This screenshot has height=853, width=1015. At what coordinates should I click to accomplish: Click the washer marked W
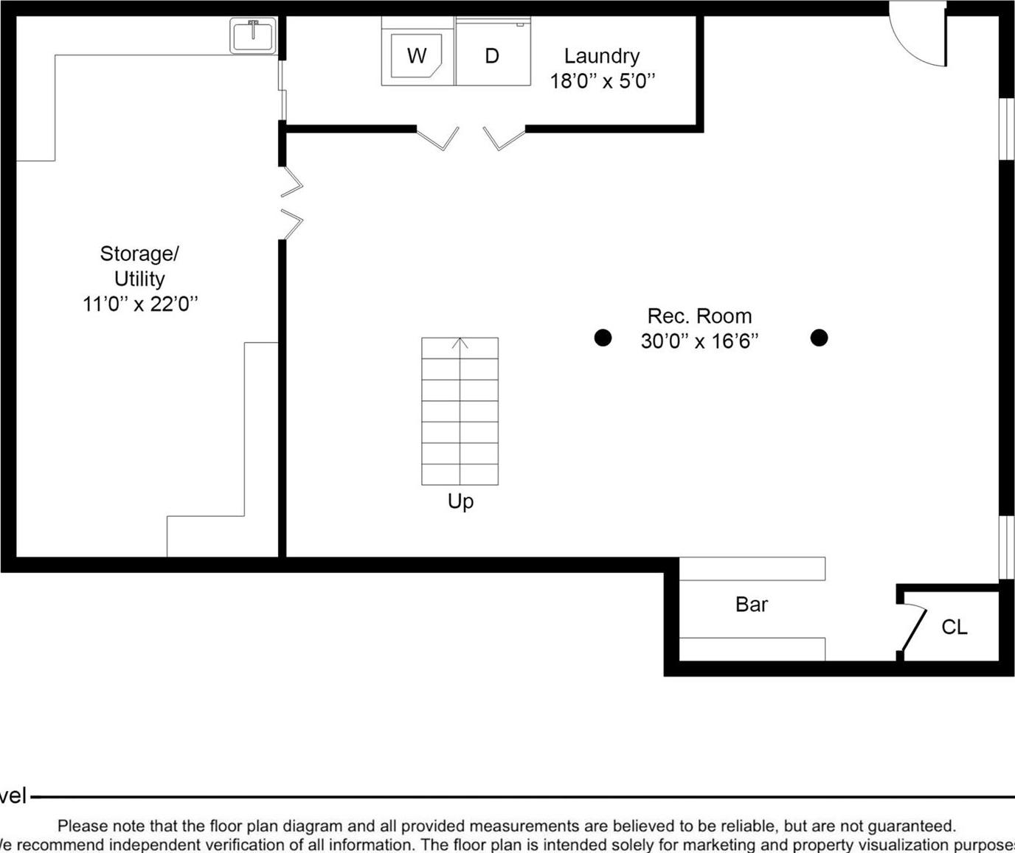coord(417,56)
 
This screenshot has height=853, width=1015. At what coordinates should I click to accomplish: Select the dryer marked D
coord(492,56)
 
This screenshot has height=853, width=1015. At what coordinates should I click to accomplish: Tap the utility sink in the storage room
coord(253,35)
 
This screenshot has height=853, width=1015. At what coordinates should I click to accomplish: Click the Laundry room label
coord(601,56)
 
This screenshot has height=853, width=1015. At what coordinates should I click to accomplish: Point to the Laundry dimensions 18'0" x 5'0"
coord(602,81)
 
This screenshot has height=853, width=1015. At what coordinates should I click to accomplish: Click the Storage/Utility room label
coord(139,266)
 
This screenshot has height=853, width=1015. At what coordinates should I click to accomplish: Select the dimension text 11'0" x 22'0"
coord(140,304)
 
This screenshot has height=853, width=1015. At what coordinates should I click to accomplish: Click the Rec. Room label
coord(699,316)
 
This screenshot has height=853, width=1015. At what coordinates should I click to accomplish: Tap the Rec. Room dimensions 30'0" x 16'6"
coord(699,341)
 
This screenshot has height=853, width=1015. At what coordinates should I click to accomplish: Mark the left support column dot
coord(603,338)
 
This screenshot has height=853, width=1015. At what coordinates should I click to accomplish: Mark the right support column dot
coord(819,338)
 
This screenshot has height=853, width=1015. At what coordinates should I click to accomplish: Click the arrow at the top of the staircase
coord(460,344)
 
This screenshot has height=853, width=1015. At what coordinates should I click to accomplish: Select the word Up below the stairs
coord(460,501)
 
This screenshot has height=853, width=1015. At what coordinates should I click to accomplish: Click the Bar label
coord(751,605)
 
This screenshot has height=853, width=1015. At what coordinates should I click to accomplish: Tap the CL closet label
coord(954,627)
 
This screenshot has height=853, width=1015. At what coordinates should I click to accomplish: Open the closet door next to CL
coord(913,630)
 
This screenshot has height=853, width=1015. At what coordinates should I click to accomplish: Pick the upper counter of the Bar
coord(751,568)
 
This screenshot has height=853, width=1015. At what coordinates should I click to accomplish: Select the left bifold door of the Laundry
coord(438,139)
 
